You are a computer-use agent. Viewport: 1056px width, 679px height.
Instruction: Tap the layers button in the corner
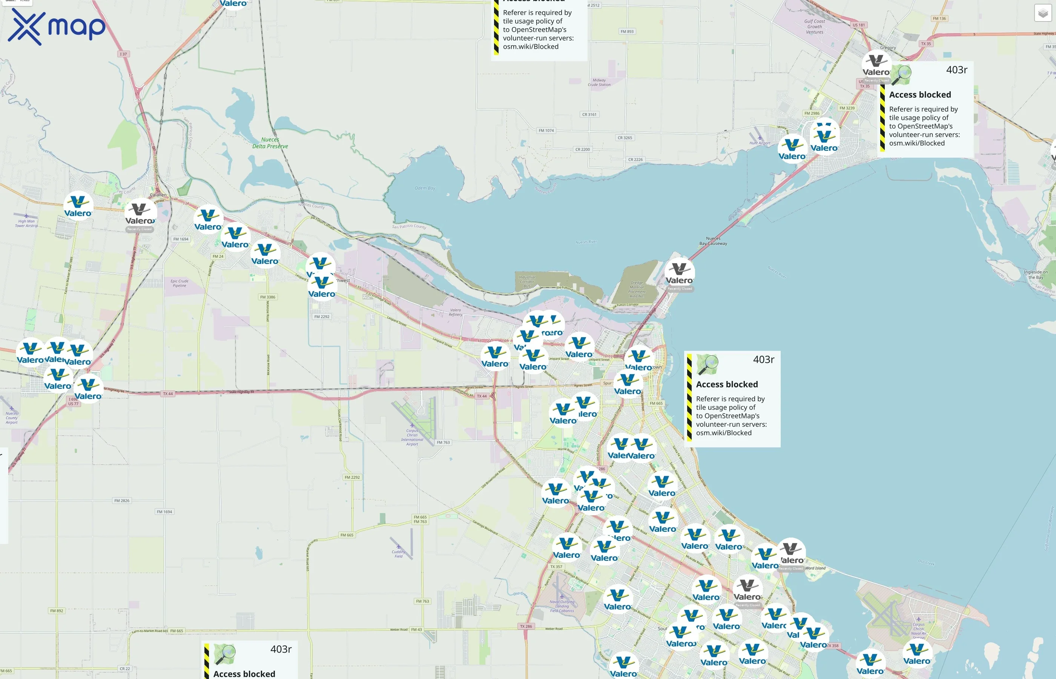pos(1042,13)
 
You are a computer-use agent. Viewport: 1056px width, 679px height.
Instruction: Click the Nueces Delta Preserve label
pos(270,143)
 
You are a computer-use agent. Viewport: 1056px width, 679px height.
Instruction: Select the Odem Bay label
pos(424,188)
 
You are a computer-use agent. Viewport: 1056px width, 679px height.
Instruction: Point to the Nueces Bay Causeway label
pos(713,241)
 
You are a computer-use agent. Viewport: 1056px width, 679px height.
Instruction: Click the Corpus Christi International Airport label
pos(412,437)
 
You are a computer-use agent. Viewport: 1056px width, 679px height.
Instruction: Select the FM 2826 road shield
pos(122,501)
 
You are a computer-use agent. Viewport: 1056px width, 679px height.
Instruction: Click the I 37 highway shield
pos(123,54)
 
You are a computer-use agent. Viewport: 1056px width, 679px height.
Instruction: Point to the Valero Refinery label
pos(455,312)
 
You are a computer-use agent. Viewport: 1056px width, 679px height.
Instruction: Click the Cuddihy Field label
pos(398,554)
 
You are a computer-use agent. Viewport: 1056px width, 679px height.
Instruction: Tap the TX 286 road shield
pos(526,626)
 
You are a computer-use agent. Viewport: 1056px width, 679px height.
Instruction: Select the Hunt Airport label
pos(760,143)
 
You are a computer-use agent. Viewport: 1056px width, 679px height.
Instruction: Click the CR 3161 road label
pos(589,115)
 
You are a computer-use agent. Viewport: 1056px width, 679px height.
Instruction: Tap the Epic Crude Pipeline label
pos(180,283)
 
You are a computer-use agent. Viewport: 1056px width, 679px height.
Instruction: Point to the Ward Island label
pos(815,568)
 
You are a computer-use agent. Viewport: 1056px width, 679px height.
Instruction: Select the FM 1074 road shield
pos(546,131)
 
